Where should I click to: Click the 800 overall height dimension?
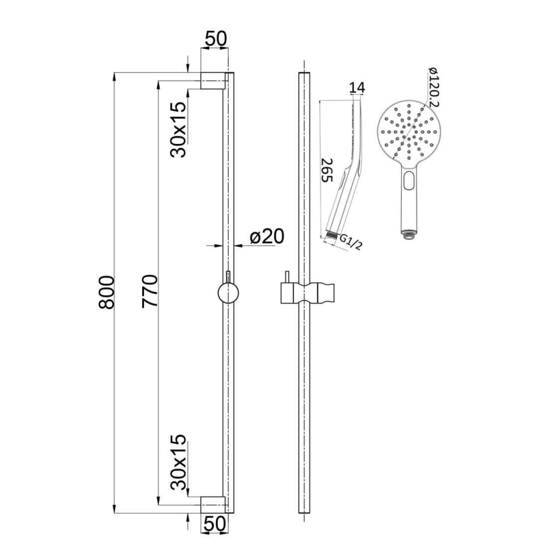[107, 294]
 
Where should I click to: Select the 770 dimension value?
[150, 294]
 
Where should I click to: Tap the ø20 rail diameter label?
[266, 236]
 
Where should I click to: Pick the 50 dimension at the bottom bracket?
[216, 524]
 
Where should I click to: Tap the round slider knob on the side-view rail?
[227, 293]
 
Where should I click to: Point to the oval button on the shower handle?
[408, 181]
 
